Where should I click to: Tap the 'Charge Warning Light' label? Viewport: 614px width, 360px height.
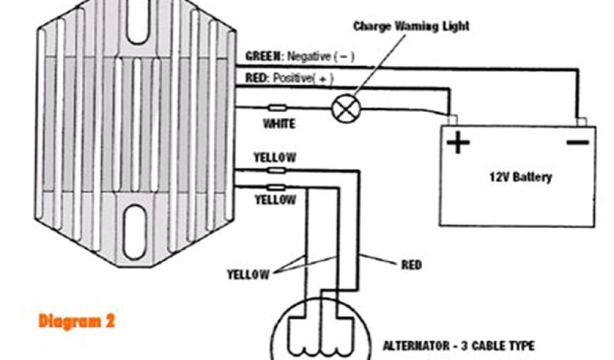(x=411, y=26)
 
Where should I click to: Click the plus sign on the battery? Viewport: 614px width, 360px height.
(x=458, y=143)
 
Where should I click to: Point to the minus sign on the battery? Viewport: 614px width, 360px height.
(x=577, y=142)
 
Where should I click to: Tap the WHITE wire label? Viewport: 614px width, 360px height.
(x=279, y=124)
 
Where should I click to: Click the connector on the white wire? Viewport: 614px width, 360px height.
(x=277, y=108)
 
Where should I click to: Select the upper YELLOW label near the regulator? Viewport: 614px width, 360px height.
(x=275, y=158)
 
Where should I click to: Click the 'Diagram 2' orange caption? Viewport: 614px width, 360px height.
(x=76, y=321)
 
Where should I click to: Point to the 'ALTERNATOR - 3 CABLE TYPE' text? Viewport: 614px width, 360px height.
(x=459, y=346)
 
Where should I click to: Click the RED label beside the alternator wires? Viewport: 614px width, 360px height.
(x=411, y=264)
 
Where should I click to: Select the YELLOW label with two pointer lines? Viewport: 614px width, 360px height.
(x=248, y=274)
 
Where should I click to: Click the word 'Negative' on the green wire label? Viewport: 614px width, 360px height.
(x=309, y=57)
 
